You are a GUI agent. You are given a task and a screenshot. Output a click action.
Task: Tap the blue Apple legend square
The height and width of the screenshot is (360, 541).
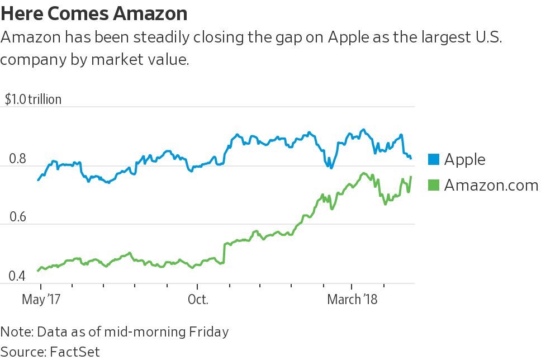pos(434,159)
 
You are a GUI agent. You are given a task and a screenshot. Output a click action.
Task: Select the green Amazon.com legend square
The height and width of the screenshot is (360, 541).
pos(434,185)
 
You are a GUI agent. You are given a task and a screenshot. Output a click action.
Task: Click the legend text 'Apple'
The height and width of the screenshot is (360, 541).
pos(465,160)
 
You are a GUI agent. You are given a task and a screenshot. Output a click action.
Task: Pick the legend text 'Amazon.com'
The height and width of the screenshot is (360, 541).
pos(491,185)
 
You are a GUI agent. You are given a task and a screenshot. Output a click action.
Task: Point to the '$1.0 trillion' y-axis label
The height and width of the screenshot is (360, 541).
pos(33,100)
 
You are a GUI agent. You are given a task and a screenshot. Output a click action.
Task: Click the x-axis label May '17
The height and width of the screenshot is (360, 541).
pos(40,299)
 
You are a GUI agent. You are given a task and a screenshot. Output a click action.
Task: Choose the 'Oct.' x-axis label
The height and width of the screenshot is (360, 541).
pos(197,299)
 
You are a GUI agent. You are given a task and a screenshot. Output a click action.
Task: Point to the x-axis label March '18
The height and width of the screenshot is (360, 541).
pos(352,299)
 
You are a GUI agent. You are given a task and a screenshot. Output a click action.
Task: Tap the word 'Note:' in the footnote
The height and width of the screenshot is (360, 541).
pos(17,331)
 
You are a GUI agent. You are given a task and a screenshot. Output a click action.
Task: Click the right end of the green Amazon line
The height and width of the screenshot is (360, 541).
pos(411,177)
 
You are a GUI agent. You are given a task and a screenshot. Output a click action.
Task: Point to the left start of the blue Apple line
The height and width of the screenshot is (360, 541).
pos(38,180)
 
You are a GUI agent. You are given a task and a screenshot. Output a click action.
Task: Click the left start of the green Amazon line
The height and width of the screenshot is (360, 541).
pos(38,271)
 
